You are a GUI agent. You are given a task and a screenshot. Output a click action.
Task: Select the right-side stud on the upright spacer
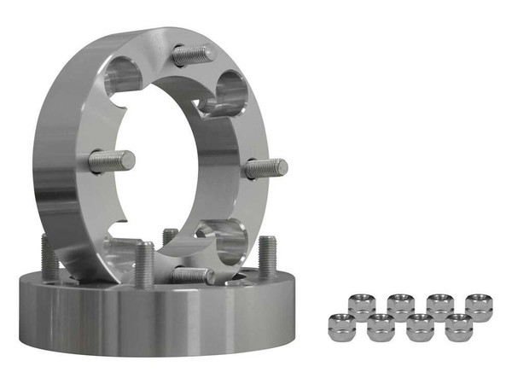point(265,168)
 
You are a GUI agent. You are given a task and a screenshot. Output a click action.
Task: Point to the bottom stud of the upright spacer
point(193,275)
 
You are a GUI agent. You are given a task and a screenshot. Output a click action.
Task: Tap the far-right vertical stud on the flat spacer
point(267,256)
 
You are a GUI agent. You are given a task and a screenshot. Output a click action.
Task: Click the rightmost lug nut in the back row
point(479,305)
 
